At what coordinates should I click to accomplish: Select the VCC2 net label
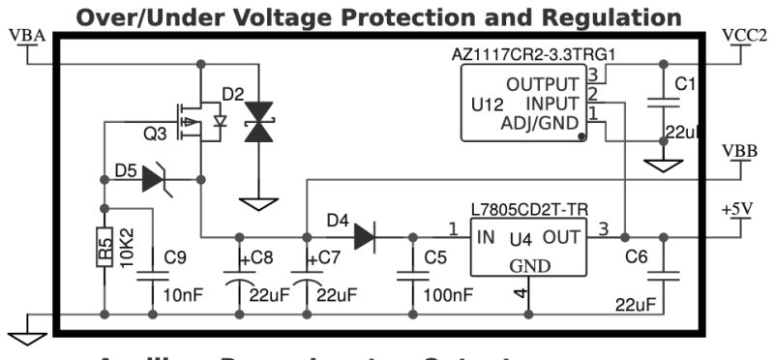pos(743,35)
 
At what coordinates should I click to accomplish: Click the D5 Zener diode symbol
pos(156,178)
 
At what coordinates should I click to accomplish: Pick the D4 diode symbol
pos(367,235)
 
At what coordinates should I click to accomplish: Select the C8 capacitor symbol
pos(239,276)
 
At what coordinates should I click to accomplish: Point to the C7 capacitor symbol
pos(306,276)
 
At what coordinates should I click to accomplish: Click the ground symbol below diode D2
pos(258,204)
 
